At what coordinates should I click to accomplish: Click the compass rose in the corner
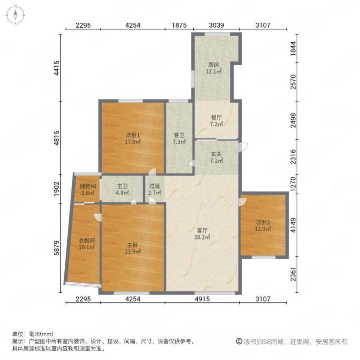(x=15, y=15)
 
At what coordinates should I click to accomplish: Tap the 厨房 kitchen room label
(x=213, y=68)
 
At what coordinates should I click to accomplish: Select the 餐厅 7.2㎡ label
(x=216, y=121)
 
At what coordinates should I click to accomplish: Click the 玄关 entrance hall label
(x=216, y=157)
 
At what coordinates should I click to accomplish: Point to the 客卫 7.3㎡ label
(x=179, y=139)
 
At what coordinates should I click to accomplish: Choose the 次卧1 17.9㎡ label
(x=133, y=139)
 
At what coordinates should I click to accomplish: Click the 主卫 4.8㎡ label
(x=122, y=189)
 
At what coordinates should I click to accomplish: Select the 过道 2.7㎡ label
(x=154, y=189)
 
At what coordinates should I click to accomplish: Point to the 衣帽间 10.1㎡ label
(x=87, y=244)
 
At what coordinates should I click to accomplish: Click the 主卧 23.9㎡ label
(x=133, y=248)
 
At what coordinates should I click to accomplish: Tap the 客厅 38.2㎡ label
(x=202, y=234)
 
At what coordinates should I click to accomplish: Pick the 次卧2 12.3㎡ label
(x=263, y=225)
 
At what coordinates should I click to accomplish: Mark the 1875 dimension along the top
(x=179, y=25)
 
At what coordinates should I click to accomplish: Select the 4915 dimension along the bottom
(x=202, y=299)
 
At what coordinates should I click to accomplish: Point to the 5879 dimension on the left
(x=57, y=248)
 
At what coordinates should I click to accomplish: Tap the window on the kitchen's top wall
(x=217, y=34)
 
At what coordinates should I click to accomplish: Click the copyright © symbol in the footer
(x=239, y=341)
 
